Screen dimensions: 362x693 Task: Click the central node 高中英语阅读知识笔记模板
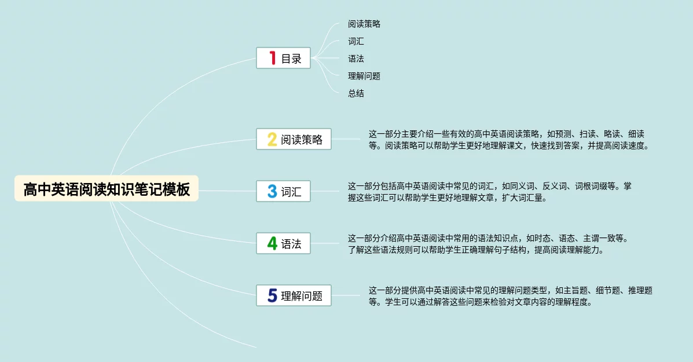[x=107, y=189]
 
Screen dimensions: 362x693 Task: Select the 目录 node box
[x=284, y=58]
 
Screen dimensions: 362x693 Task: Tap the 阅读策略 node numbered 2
[x=294, y=139]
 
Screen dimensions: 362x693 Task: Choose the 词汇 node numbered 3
[x=284, y=191]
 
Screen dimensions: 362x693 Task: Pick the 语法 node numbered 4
[x=284, y=243]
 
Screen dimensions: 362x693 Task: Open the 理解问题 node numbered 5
[x=294, y=295]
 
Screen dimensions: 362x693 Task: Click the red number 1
[x=272, y=58]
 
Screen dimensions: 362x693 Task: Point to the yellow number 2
[x=272, y=139]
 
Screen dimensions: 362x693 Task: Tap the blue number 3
[x=272, y=191]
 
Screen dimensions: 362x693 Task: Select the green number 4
[x=272, y=243]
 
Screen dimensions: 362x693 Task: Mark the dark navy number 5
[x=272, y=295]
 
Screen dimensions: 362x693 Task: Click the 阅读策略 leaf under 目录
[x=364, y=24]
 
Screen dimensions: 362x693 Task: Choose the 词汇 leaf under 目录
[x=356, y=42]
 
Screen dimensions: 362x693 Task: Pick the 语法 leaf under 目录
[x=356, y=59]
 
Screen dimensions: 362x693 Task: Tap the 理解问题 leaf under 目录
[x=364, y=76]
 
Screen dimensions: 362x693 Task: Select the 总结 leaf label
[x=356, y=93]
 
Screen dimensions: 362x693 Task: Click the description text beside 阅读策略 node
[x=508, y=140]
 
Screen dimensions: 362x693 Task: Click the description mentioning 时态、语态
[x=487, y=244]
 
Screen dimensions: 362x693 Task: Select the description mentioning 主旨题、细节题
[x=510, y=296]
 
